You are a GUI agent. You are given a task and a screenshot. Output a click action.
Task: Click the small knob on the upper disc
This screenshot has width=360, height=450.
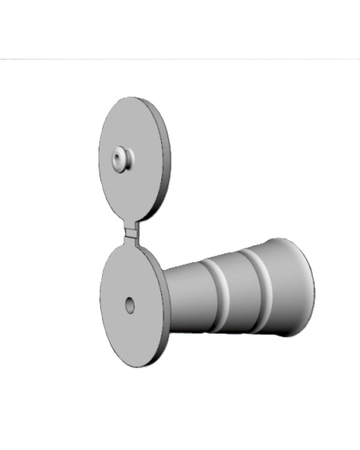[x=122, y=159]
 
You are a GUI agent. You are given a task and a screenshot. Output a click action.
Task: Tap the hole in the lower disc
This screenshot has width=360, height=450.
[x=130, y=305]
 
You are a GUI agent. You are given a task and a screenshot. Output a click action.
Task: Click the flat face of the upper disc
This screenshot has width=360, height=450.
[x=129, y=186]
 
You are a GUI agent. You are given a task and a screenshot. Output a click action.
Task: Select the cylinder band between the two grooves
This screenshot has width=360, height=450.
[x=237, y=291]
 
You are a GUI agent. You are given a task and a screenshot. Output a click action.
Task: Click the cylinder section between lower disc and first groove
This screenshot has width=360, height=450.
[x=189, y=297]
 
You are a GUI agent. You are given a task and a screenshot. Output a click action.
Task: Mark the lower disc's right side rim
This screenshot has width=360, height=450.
[x=166, y=312]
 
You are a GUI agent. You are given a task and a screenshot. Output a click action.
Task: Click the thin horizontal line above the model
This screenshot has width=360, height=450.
[x=180, y=59]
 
